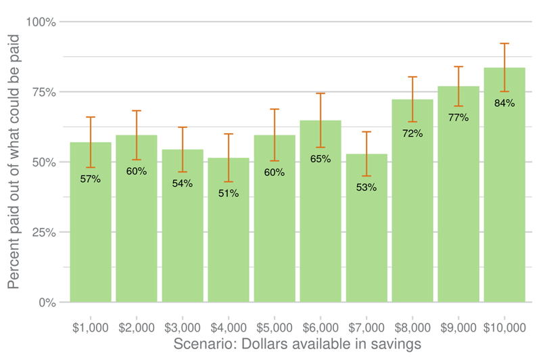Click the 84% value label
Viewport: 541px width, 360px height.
[504, 104]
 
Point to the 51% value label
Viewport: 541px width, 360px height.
[229, 194]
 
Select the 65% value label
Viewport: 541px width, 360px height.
[321, 159]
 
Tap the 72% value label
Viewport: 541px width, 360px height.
[413, 133]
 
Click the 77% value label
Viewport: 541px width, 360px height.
[458, 118]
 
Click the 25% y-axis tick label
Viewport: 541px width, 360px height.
[43, 232]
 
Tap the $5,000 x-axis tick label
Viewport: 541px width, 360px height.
[275, 328]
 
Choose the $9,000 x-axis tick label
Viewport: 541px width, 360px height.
[458, 328]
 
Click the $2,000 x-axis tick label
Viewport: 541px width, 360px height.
[137, 328]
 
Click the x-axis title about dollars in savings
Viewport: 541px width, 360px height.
[298, 344]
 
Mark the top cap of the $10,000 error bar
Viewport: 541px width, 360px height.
[504, 43]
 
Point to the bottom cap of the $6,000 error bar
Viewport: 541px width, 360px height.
[321, 147]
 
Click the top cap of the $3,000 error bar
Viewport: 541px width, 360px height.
[183, 127]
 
